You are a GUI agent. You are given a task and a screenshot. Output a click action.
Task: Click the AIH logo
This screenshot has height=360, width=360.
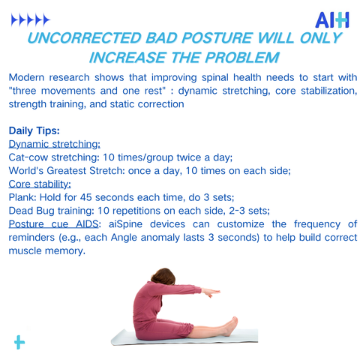tap(332, 20)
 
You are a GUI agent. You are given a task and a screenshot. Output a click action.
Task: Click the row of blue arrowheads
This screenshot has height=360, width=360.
tap(31, 20)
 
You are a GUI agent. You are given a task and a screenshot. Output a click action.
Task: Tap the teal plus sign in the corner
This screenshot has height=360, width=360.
tap(19, 342)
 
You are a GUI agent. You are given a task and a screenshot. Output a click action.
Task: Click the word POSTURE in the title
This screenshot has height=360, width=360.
tap(217, 38)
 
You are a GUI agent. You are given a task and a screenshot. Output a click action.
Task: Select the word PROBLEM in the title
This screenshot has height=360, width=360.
tap(242, 58)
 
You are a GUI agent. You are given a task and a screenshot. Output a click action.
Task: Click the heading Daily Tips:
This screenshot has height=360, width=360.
tap(34, 130)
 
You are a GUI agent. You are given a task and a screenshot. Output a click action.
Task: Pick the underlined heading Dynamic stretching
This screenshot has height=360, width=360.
tap(54, 144)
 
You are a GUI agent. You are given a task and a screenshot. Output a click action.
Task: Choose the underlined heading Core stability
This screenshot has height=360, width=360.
tap(40, 184)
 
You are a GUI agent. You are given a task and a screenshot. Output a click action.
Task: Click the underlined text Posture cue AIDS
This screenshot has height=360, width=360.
tap(53, 224)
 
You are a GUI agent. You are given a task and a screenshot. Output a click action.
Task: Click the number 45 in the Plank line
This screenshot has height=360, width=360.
tap(85, 197)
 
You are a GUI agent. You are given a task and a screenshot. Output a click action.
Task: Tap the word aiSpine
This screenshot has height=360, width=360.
tap(125, 224)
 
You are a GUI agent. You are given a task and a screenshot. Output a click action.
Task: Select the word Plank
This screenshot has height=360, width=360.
tap(22, 197)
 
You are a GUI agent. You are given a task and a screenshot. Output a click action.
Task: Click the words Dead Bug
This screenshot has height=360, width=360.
tap(31, 211)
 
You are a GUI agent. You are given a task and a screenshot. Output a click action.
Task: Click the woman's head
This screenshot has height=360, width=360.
tap(163, 277)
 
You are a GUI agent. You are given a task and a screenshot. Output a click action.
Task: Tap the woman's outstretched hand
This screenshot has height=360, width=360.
tap(211, 292)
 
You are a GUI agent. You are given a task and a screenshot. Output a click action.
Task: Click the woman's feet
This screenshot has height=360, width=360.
tap(230, 325)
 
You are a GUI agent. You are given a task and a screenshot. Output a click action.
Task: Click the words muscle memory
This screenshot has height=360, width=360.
tap(46, 250)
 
